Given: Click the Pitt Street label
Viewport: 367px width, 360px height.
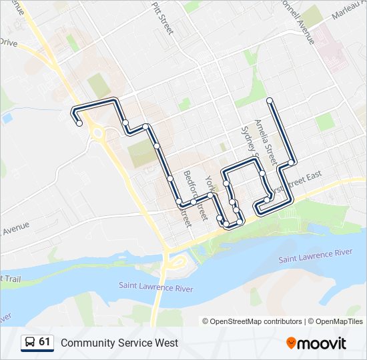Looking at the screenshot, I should click(163, 18).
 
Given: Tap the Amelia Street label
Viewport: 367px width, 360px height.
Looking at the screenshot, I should click(265, 143).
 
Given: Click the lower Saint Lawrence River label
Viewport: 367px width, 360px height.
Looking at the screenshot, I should click(156, 287).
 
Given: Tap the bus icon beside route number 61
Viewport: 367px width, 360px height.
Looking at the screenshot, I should click(29, 342).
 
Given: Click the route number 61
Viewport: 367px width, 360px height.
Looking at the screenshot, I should click(45, 342).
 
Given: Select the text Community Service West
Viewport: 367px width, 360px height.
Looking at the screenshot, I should click(119, 343).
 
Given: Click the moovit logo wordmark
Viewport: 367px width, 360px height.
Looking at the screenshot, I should click(323, 343).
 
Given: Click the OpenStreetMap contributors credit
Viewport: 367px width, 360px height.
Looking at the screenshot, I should click(256, 321).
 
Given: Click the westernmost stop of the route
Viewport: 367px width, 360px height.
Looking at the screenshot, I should click(79, 123).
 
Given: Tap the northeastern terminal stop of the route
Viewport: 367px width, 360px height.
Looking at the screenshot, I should click(270, 101).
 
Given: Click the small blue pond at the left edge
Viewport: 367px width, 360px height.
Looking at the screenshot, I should click(7, 118).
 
